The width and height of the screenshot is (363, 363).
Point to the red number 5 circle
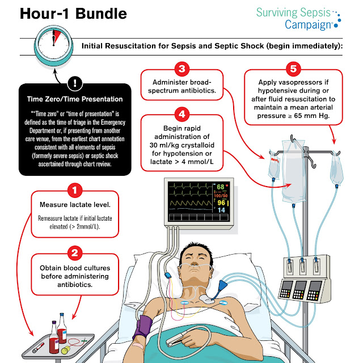[x=293, y=70]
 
